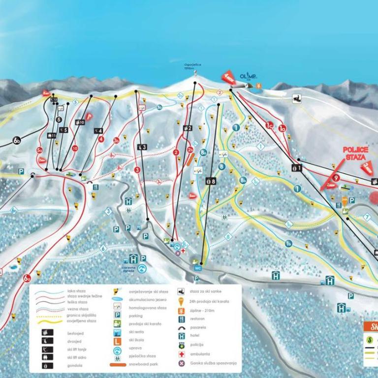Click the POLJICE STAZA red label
point(355,153)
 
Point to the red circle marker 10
point(75,148)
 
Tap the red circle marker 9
point(335,178)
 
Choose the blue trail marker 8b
point(243,181)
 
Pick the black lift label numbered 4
point(99,130)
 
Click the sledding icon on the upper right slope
point(297,97)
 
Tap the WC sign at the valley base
point(198,268)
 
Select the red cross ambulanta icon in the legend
point(181,354)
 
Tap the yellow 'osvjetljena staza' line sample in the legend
point(49,321)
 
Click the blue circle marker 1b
point(289,243)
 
